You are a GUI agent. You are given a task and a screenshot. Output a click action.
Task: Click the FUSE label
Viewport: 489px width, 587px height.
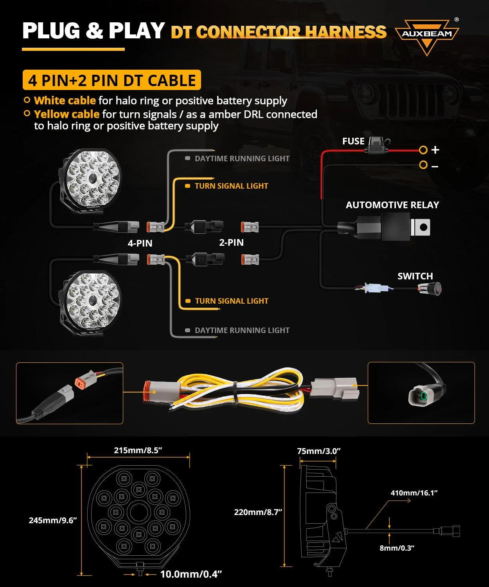tap(353, 141)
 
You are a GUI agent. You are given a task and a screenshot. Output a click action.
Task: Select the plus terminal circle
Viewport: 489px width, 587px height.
tap(423, 150)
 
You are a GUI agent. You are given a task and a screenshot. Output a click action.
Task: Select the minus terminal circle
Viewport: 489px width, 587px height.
tap(423, 165)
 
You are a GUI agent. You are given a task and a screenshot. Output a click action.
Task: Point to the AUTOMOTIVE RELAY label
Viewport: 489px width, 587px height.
tap(392, 205)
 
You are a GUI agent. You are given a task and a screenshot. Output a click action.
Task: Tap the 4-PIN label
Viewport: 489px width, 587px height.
tap(140, 243)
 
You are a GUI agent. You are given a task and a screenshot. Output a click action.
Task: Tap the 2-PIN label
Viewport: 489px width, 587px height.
tap(231, 242)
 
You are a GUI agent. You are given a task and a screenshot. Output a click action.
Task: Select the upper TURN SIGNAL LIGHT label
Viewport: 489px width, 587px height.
tap(231, 186)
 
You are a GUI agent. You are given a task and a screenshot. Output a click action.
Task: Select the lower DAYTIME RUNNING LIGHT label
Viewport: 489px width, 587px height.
tap(242, 330)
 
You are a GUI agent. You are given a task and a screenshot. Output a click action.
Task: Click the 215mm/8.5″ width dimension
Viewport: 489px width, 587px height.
tap(138, 450)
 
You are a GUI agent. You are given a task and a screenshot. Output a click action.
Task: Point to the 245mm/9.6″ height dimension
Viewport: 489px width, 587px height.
tap(53, 520)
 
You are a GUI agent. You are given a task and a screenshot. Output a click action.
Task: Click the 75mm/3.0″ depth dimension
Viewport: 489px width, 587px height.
tap(318, 451)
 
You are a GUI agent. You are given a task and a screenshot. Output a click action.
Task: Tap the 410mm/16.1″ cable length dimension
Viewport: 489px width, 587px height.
tap(414, 493)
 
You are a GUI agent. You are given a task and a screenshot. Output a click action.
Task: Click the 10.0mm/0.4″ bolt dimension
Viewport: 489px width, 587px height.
tap(191, 574)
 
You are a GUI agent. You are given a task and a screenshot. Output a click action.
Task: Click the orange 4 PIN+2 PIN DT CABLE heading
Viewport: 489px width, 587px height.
tap(111, 80)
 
